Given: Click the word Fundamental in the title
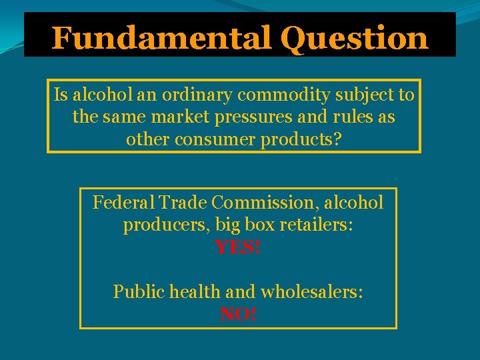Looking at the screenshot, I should pos(161,38).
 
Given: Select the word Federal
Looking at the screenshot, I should pos(123,202).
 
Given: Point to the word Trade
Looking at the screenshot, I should pos(179,202).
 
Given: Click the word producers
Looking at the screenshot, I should pos(165,225).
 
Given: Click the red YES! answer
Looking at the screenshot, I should pos(238,248).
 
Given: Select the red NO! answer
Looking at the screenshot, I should pos(238,314).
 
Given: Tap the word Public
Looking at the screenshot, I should pos(137,291).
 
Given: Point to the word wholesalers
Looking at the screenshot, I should pos(311,291).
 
